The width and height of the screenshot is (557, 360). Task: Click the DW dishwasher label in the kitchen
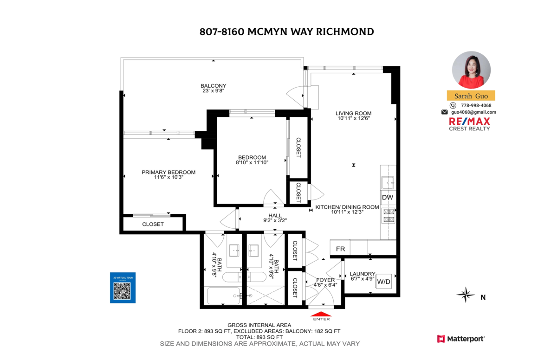click(388, 198)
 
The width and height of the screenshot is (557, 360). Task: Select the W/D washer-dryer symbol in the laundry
click(384, 282)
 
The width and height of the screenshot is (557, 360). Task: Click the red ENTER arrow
click(321, 314)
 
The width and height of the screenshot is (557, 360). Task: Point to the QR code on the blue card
click(122, 291)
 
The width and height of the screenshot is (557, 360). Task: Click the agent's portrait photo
click(471, 70)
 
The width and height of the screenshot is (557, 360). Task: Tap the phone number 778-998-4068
click(476, 105)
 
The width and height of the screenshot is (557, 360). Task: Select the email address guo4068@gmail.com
click(473, 112)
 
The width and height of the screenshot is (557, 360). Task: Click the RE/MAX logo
click(469, 124)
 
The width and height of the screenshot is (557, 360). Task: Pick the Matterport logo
click(461, 339)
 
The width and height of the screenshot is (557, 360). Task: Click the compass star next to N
click(466, 295)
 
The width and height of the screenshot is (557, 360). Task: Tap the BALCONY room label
click(214, 86)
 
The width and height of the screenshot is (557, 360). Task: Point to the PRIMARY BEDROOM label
click(168, 172)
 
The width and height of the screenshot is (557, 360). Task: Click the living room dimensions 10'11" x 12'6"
click(354, 118)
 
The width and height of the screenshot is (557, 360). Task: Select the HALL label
click(275, 215)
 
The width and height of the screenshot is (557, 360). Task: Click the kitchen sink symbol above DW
click(388, 183)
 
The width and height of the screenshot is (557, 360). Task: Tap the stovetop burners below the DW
click(389, 215)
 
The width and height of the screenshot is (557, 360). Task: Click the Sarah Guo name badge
click(471, 96)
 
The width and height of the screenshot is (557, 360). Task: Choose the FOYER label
click(325, 280)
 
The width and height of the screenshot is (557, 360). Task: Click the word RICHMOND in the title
click(345, 32)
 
